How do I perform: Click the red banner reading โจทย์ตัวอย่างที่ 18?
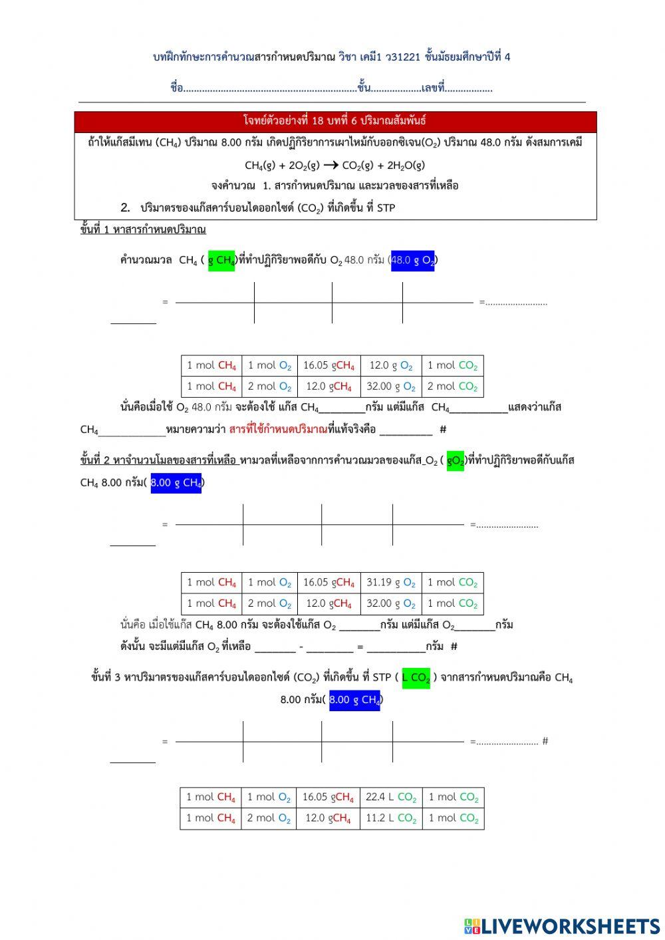(335, 121)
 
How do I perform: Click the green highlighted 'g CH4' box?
(221, 260)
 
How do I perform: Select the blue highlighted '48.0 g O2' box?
(412, 260)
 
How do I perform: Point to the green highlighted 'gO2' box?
(455, 460)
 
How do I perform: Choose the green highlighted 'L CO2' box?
(416, 678)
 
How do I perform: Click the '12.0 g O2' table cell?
(391, 365)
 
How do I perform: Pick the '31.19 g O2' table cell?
(391, 583)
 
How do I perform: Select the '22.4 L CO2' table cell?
(391, 797)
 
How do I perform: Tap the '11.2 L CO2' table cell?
(391, 818)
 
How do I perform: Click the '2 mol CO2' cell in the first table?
(452, 387)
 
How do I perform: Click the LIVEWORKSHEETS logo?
(562, 925)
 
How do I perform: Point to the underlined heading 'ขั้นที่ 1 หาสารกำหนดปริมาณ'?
(143, 230)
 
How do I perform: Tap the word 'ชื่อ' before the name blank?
(176, 88)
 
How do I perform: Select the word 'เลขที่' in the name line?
(432, 88)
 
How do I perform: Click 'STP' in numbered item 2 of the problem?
(386, 208)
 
